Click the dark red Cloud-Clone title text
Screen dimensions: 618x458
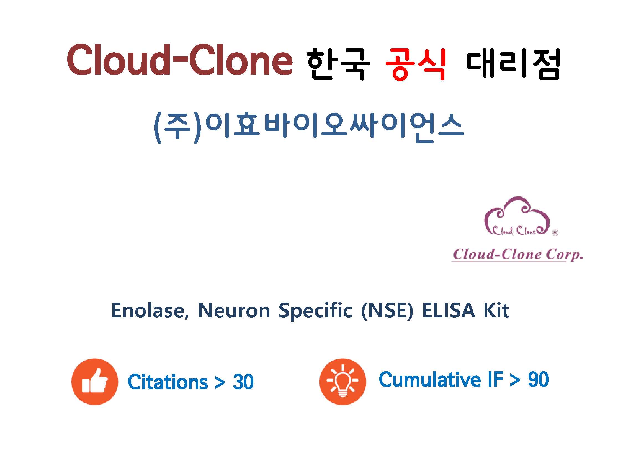(180, 60)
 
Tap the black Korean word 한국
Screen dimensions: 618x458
(338, 64)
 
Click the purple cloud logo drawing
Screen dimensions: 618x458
(517, 216)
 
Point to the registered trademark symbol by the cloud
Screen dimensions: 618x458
(555, 233)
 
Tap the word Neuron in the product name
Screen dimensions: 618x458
(234, 311)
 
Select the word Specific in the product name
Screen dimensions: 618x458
(316, 312)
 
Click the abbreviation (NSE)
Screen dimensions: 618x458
(387, 311)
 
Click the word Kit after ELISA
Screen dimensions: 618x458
(496, 311)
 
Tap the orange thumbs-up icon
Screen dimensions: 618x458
(95, 382)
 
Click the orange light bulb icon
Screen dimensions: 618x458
(343, 382)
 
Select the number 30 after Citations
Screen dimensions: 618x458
(243, 382)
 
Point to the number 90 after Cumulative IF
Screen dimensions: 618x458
(538, 380)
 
